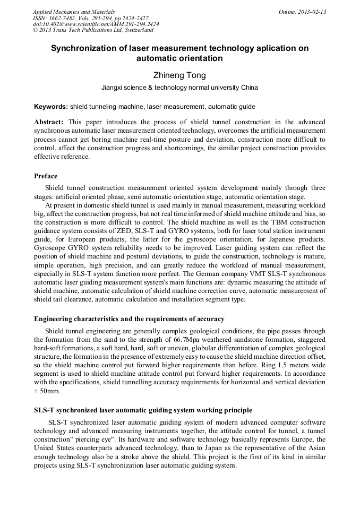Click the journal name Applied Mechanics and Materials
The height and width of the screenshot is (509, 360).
coord(73,12)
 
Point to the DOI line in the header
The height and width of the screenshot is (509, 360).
coord(96,24)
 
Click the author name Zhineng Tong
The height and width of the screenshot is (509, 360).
coord(179,76)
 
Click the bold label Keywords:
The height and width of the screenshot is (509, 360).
coord(51,107)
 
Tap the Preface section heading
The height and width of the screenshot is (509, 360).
coord(46,176)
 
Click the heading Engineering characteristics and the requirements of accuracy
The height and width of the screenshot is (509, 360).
coord(129,319)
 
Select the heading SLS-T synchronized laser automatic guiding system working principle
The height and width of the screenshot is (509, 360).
coord(143,410)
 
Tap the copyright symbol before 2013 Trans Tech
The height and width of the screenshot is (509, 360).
coord(35,30)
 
